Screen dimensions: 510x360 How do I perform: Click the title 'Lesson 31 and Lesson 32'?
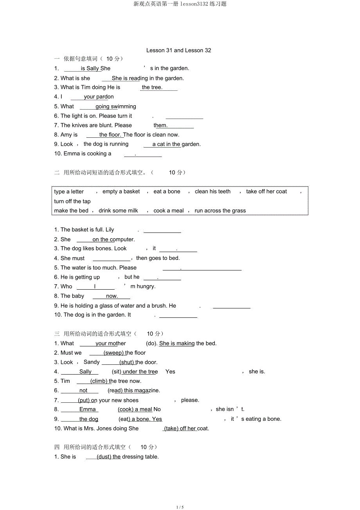pos(178,50)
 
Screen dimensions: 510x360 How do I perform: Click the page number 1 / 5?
pos(180,507)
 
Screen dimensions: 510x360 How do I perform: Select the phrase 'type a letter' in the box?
pos(69,192)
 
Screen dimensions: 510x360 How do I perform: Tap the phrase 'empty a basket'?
pos(121,192)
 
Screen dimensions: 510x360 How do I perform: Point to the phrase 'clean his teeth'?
pos(212,192)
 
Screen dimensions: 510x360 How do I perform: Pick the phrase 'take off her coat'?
pos(266,192)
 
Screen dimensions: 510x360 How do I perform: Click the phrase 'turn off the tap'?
pos(72,202)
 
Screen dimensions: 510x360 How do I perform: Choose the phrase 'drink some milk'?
pos(118,211)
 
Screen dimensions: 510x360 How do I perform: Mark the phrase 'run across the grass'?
pos(220,211)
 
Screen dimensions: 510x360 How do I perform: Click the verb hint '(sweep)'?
pos(113,353)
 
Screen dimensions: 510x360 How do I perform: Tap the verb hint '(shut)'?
pos(127,362)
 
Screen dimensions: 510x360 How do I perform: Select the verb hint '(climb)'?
pos(99,381)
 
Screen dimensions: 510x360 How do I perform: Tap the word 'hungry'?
pos(146,287)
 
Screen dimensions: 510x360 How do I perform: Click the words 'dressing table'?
pos(140,457)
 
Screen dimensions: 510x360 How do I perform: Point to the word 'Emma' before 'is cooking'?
pos(72,154)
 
